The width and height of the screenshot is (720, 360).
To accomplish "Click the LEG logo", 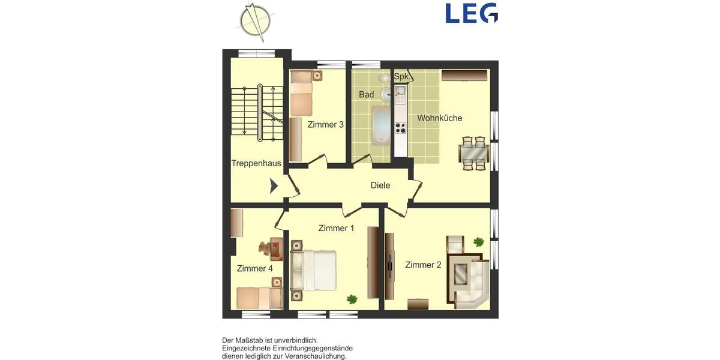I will pyautogui.click(x=472, y=13).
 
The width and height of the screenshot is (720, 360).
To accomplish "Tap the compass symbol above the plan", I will pyautogui.click(x=255, y=19).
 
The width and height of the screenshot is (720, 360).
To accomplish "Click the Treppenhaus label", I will pyautogui.click(x=256, y=163).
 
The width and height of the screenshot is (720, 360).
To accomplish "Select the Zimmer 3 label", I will pyautogui.click(x=325, y=125).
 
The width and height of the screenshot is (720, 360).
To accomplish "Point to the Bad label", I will pyautogui.click(x=366, y=95).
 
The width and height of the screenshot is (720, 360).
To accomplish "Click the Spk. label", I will pyautogui.click(x=401, y=77).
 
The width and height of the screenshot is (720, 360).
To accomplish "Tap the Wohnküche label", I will pyautogui.click(x=440, y=118).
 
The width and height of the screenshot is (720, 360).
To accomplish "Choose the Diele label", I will pyautogui.click(x=380, y=185).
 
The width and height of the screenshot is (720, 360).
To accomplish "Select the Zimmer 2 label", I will pyautogui.click(x=423, y=265).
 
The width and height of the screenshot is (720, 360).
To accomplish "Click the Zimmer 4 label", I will pyautogui.click(x=254, y=268).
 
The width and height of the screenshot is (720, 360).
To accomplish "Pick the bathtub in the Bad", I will pyautogui.click(x=380, y=125).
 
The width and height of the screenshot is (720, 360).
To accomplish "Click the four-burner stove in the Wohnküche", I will pyautogui.click(x=400, y=128).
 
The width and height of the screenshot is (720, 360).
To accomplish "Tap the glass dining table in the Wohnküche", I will pyautogui.click(x=472, y=154).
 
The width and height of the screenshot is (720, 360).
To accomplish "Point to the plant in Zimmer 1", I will pyautogui.click(x=352, y=298).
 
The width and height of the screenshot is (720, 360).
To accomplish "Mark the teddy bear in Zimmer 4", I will pyautogui.click(x=265, y=247).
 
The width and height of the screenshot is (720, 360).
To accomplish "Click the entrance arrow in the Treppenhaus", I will pyautogui.click(x=274, y=186).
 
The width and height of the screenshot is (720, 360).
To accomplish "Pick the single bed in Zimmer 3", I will pyautogui.click(x=301, y=93).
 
